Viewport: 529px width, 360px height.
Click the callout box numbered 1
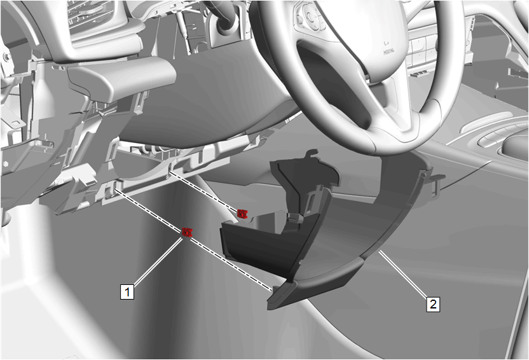click(127, 291)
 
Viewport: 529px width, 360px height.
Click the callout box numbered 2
click(433, 304)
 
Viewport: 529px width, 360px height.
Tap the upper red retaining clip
click(242, 214)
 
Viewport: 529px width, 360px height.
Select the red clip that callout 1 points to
click(187, 232)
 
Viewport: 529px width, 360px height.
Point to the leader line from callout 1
click(158, 261)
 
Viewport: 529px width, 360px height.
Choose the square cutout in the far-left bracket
click(16, 121)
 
